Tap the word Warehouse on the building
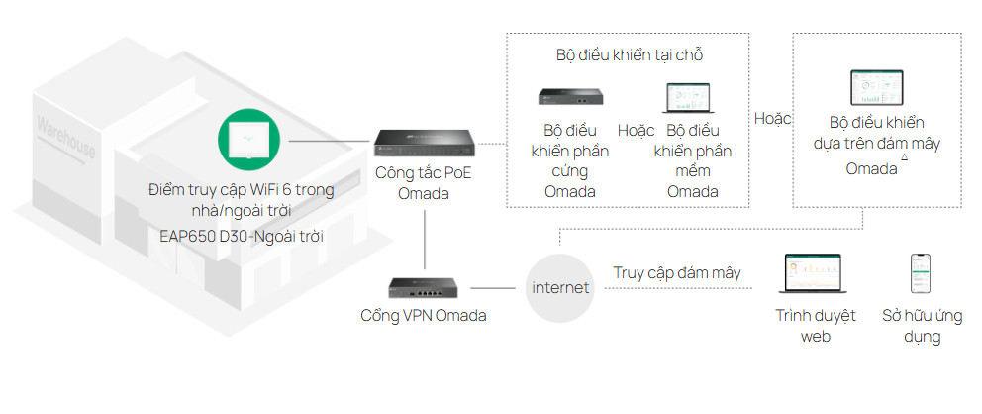coord(66,138)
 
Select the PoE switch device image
coord(424,145)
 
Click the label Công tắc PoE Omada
coord(424,183)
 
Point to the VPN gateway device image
coord(424,287)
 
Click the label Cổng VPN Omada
coord(424,316)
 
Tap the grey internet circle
coord(560,288)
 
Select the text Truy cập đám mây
coord(677,272)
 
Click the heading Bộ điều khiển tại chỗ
coord(637,54)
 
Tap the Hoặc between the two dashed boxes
coord(773,118)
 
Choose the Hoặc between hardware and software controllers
coord(636,130)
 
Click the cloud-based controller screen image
coord(877,90)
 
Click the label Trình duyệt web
coord(813,327)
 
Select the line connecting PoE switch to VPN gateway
coord(424,238)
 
